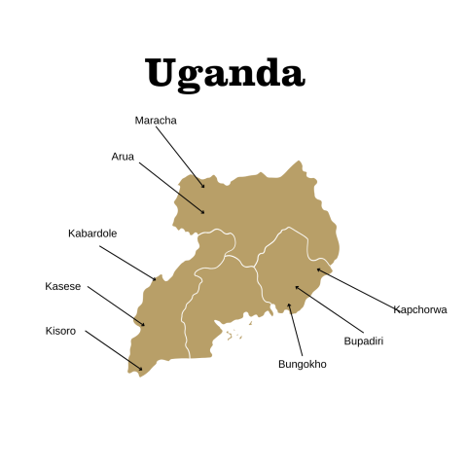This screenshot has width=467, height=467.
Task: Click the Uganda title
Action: [225, 71]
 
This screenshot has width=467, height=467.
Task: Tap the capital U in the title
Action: [162, 71]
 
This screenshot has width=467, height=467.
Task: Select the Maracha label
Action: [156, 121]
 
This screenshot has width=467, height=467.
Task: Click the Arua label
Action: [123, 156]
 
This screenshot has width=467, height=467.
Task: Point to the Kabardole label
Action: [92, 233]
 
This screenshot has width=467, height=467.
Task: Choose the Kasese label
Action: [63, 286]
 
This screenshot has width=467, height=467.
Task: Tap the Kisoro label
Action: [60, 331]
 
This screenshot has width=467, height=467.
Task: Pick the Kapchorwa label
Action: [420, 309]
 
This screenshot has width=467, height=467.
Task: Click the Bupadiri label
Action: [364, 341]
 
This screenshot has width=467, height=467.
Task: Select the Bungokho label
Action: [303, 364]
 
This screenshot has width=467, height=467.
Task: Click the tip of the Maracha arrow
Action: [204, 187]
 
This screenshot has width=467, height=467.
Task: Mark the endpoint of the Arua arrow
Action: [204, 212]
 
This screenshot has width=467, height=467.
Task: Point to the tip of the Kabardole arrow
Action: [156, 279]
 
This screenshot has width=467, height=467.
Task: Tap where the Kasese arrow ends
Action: [144, 325]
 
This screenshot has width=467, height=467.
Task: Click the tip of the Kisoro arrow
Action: [142, 370]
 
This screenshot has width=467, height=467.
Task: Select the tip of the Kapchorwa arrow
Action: [317, 269]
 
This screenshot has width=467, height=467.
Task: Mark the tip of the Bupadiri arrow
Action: [297, 287]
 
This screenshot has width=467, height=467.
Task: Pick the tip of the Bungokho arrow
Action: [288, 304]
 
